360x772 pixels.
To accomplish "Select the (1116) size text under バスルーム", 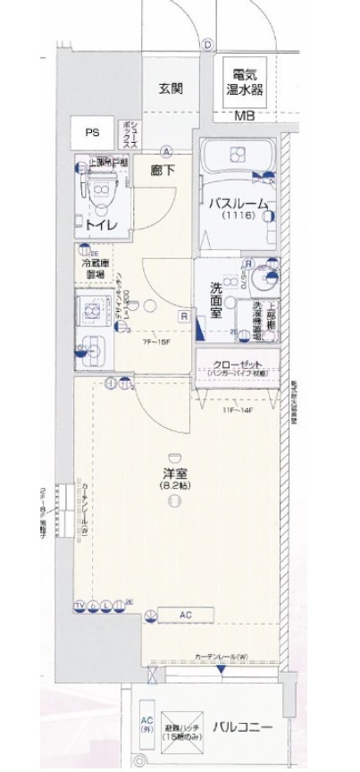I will (x=239, y=216).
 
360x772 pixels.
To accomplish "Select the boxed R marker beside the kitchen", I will (x=183, y=315).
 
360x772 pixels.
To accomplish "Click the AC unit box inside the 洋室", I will (x=186, y=614).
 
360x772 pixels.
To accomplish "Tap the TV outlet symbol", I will (x=80, y=605).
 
